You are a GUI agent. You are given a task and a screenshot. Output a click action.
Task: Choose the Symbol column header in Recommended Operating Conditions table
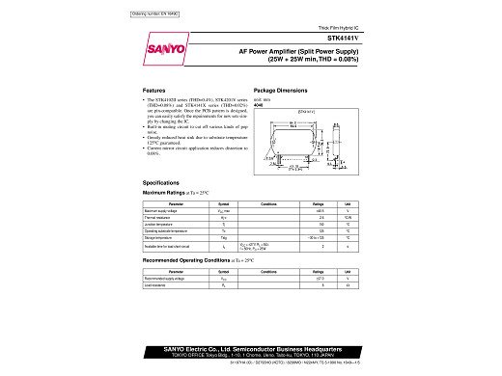223,272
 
